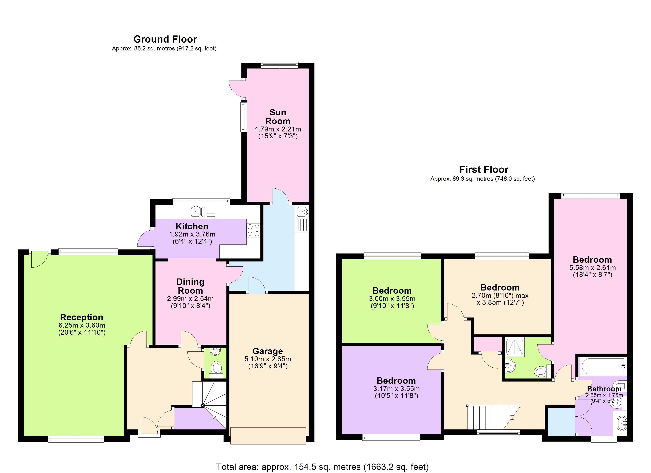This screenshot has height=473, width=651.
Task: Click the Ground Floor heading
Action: pyautogui.click(x=165, y=39)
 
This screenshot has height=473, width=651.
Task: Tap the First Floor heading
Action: pyautogui.click(x=484, y=169)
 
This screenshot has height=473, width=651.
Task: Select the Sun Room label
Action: pyautogui.click(x=278, y=116)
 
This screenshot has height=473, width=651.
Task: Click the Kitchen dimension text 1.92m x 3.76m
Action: pyautogui.click(x=192, y=234)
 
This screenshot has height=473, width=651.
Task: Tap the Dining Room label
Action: pyautogui.click(x=190, y=286)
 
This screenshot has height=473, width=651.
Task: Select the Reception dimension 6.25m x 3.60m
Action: pyautogui.click(x=82, y=325)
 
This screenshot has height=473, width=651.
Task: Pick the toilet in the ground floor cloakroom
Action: pyautogui.click(x=216, y=368)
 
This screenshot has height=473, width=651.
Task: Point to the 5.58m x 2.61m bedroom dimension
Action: pyautogui.click(x=592, y=268)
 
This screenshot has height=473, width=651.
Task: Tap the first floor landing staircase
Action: pyautogui.click(x=491, y=417)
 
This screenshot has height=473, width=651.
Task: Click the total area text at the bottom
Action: pyautogui.click(x=322, y=467)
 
